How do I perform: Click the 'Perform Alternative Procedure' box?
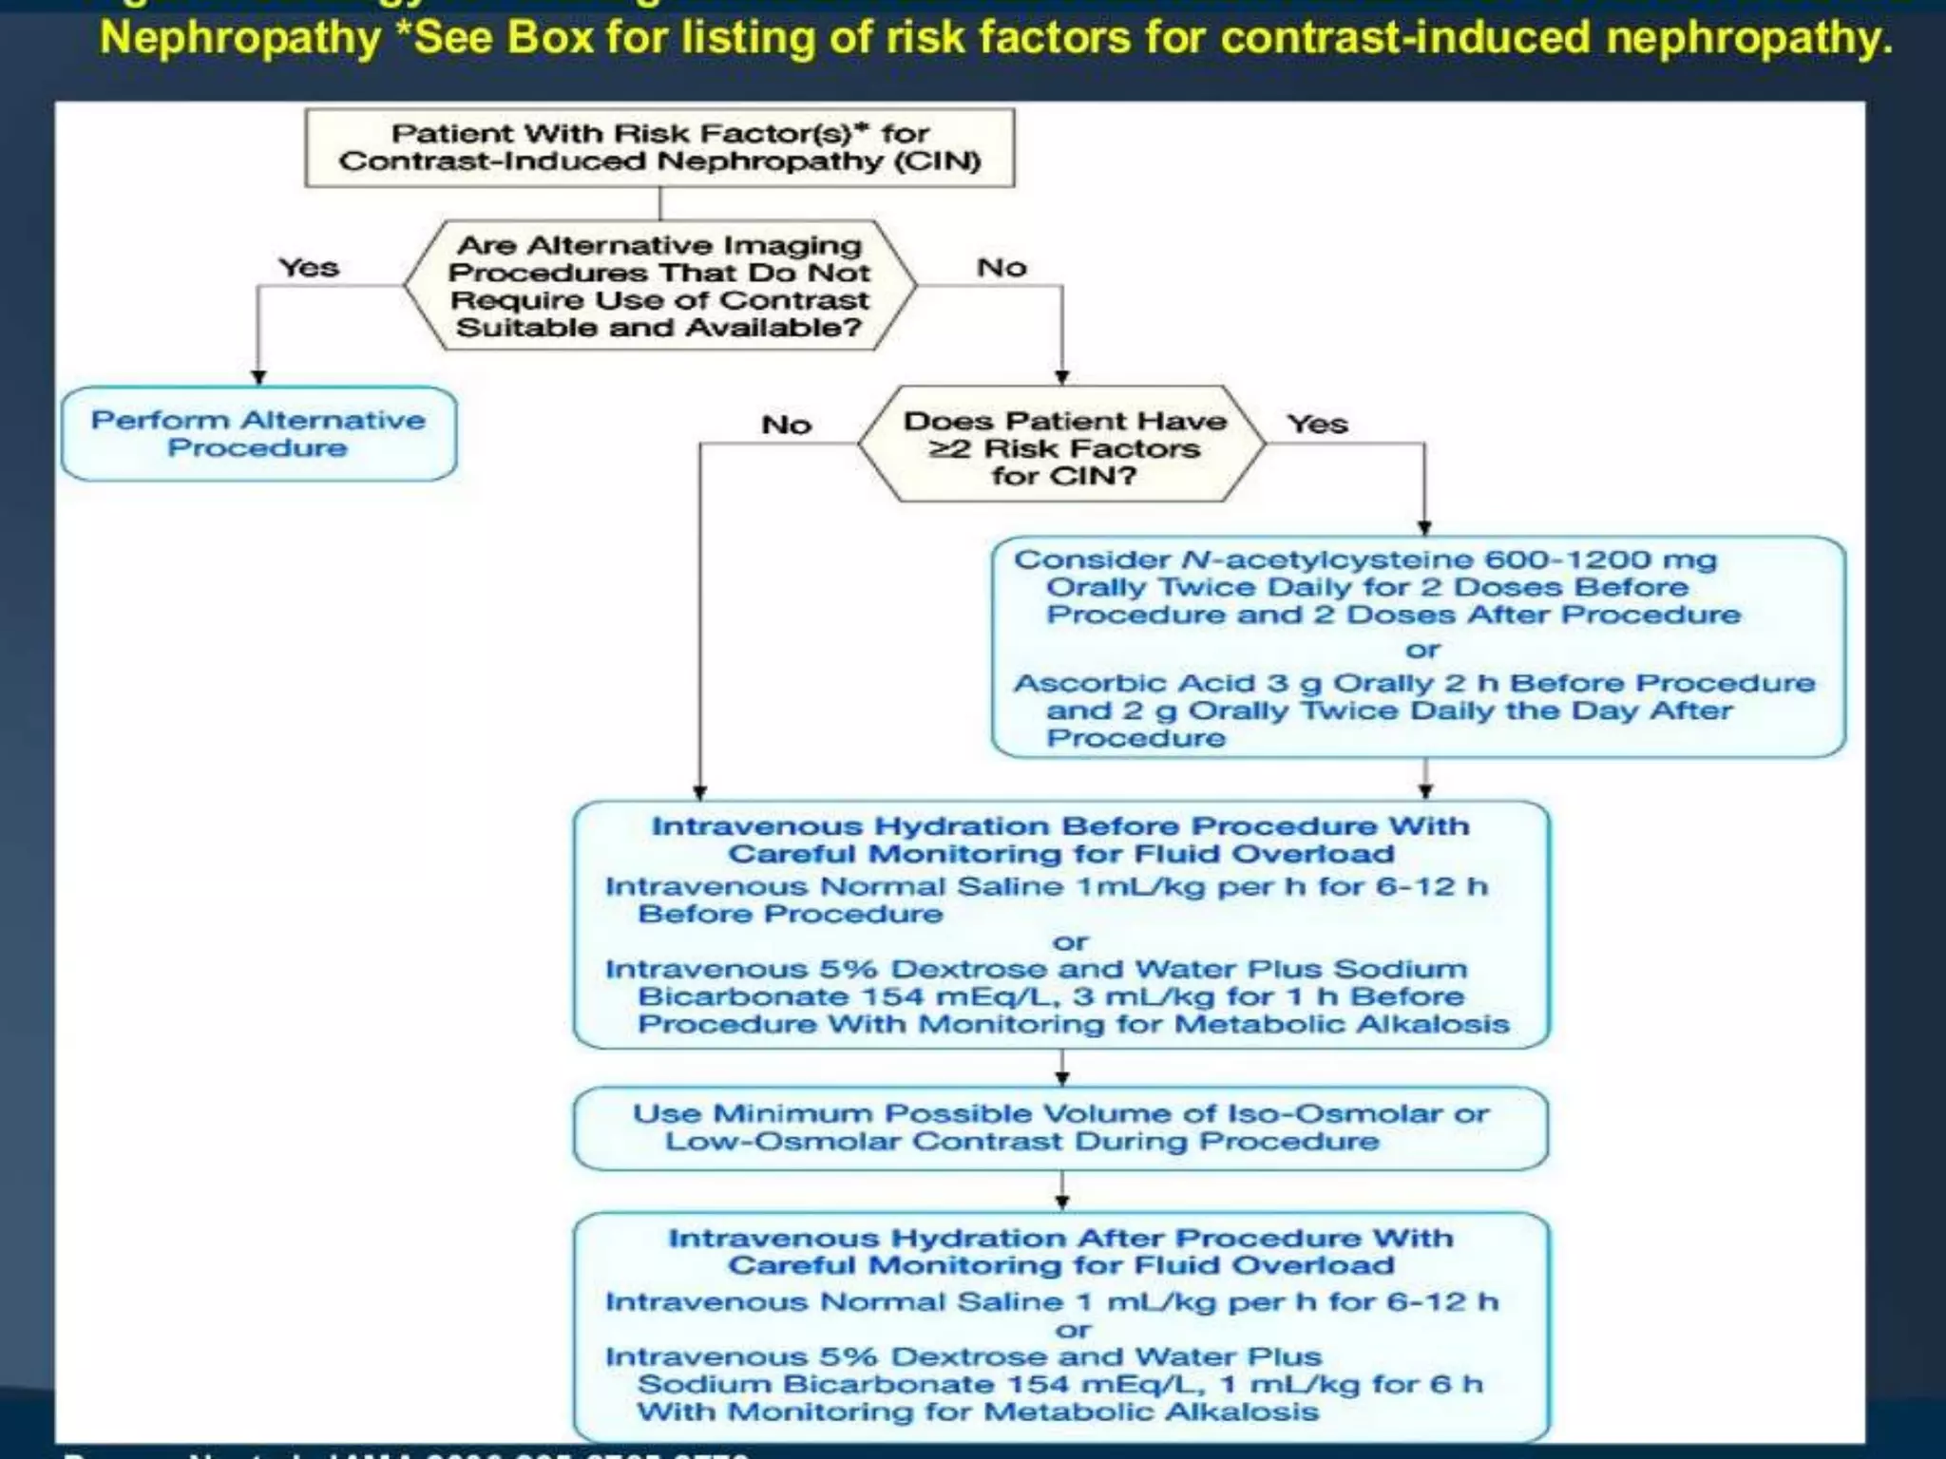[258, 434]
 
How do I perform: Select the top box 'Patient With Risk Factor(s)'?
[659, 147]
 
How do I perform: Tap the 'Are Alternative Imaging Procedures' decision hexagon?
[659, 286]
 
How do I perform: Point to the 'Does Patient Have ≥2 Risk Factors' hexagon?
[1062, 447]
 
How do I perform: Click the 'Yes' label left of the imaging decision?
[309, 268]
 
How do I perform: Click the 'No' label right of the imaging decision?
[1002, 268]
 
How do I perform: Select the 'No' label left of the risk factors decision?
[786, 425]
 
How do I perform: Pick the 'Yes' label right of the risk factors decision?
[1317, 424]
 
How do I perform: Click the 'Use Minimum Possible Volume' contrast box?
[1060, 1127]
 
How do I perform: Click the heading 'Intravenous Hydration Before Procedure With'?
[1060, 826]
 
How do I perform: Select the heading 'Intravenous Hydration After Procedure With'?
[1060, 1239]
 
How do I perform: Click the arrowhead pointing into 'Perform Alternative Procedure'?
[258, 376]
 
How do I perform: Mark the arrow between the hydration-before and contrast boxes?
[1062, 1070]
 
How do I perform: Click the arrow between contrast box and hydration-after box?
[1062, 1193]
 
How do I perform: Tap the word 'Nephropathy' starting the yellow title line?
[240, 39]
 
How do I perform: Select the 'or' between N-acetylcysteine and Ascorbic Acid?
[1422, 650]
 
